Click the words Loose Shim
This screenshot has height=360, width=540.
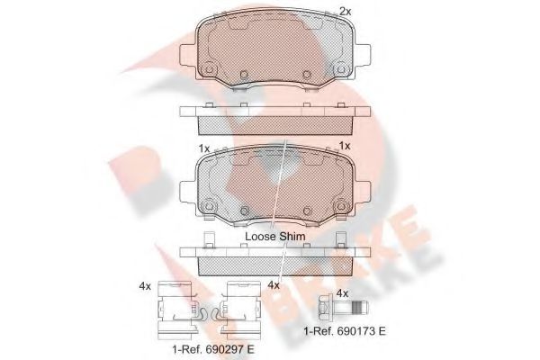click(x=276, y=236)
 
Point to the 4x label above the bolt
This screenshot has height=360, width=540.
click(x=341, y=292)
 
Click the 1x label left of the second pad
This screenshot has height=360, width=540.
click(x=204, y=147)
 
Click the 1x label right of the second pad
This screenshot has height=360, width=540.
click(x=345, y=147)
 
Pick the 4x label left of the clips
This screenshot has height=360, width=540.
click(x=146, y=286)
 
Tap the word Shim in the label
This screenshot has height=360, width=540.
click(x=292, y=236)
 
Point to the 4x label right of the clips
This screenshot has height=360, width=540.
click(x=274, y=286)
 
